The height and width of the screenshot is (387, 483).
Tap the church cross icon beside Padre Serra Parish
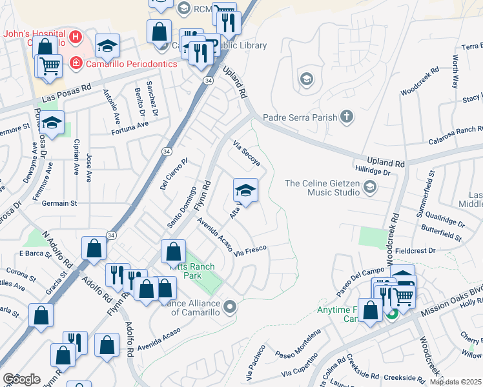point(347,117)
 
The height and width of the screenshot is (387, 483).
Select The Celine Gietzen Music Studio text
point(323,188)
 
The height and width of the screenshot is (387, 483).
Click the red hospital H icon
point(76,37)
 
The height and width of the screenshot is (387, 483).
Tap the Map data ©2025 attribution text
point(455,382)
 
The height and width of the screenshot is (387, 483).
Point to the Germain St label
point(59,203)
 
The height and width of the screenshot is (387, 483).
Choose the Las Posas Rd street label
point(67,95)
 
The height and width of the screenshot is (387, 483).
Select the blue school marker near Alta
point(245,190)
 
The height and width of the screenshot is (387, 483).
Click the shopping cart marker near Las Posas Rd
point(50,64)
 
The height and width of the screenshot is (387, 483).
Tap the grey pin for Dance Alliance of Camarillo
point(230,306)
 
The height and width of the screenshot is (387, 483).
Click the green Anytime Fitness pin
point(392,314)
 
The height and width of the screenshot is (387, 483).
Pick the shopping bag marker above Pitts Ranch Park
point(172,252)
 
